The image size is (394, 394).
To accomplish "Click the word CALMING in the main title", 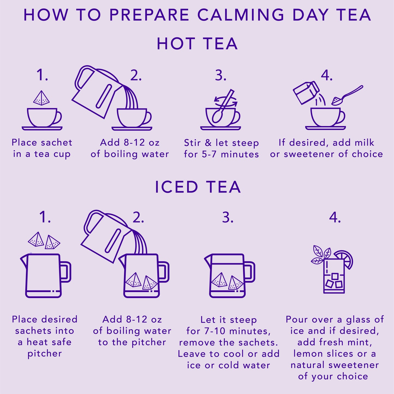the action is (x=241, y=15).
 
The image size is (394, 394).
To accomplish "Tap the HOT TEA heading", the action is (x=197, y=44).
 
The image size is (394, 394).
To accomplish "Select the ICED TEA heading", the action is (x=198, y=187).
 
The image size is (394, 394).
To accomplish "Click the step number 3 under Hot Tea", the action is (x=221, y=75).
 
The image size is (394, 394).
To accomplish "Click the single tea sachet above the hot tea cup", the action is (x=41, y=98).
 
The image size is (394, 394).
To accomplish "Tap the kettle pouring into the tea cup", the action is (x=95, y=92).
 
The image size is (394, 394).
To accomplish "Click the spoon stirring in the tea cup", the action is (x=223, y=108).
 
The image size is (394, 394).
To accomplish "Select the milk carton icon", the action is (x=306, y=92).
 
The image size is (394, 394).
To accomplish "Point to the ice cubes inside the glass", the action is (x=334, y=281).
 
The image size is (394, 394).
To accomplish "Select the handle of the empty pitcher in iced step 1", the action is (x=65, y=272).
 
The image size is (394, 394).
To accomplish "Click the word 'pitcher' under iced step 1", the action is (x=44, y=354).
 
